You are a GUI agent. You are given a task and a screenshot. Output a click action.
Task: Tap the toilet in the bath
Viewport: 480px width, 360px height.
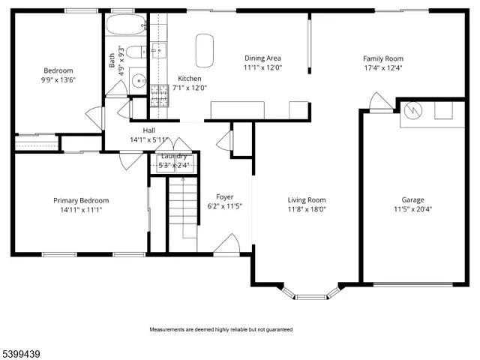(x=133, y=52)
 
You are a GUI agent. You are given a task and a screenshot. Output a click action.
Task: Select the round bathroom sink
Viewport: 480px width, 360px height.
(x=137, y=80)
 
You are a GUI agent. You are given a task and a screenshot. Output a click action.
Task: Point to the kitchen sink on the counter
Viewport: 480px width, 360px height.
(x=159, y=50)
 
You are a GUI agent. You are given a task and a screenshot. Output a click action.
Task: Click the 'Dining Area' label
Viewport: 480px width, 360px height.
(x=262, y=58)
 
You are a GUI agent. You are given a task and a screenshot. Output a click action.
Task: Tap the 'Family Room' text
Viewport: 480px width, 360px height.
(x=382, y=58)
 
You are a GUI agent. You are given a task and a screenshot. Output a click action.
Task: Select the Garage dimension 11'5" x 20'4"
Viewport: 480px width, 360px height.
(x=412, y=209)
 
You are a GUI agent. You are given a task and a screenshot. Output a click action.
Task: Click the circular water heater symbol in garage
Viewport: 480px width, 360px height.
(x=412, y=110)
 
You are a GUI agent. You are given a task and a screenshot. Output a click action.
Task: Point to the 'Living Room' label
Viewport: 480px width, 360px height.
(x=307, y=199)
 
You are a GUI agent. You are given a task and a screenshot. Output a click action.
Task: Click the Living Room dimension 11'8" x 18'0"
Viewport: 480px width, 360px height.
(x=307, y=209)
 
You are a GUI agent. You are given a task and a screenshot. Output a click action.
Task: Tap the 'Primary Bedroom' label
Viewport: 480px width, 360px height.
(x=80, y=200)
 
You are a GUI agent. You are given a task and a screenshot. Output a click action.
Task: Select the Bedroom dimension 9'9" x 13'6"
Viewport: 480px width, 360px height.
(x=58, y=79)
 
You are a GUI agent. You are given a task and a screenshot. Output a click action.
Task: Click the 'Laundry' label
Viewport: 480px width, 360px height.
(x=174, y=156)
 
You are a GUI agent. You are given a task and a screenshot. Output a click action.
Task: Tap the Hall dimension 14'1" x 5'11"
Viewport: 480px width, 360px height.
(x=148, y=139)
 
